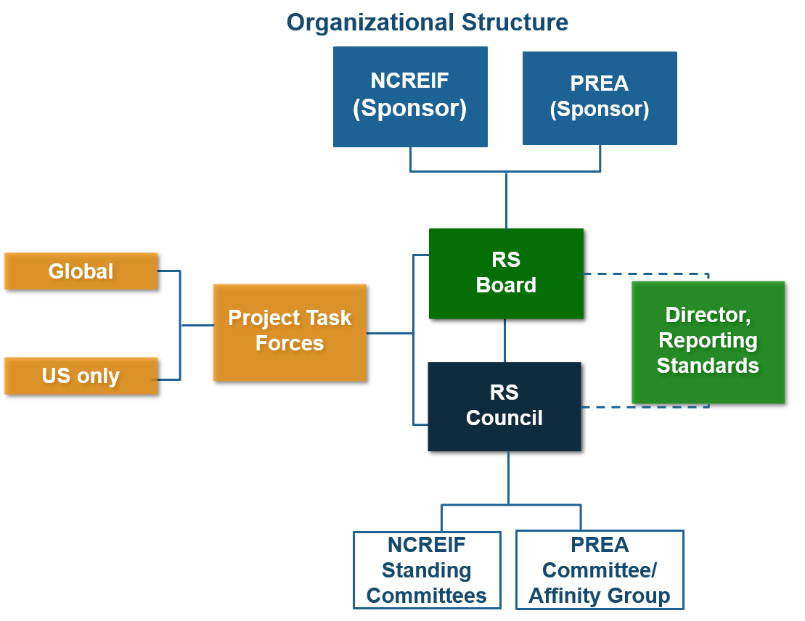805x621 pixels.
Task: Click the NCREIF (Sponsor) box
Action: point(410,96)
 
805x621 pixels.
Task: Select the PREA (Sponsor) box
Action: point(600,97)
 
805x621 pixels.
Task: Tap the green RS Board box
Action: point(506,274)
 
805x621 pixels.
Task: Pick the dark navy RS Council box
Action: point(504,406)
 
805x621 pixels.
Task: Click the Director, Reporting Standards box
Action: point(708,342)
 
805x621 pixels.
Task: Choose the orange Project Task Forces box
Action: point(289,332)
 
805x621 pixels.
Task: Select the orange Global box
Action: point(81,271)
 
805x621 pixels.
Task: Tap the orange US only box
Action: point(81,376)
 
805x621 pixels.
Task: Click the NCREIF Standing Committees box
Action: point(427,570)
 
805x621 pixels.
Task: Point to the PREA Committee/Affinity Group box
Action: point(600,570)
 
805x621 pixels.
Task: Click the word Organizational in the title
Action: point(364,22)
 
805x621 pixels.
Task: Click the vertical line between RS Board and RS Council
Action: point(505,340)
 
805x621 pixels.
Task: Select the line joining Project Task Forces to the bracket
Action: point(389,333)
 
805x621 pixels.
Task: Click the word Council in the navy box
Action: point(504,419)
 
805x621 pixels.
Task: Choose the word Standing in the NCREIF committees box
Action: point(427,571)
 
